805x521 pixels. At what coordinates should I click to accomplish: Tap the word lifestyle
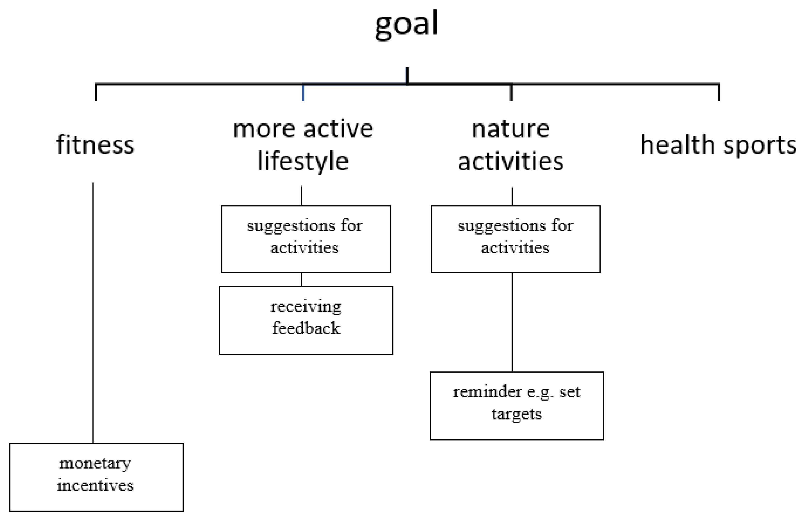pos(303,161)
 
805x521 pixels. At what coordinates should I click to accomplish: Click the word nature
pos(511,129)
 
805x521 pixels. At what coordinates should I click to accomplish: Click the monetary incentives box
pos(96,477)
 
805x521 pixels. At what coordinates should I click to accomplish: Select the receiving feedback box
pos(306,320)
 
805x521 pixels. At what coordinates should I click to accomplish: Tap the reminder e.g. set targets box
pos(517,406)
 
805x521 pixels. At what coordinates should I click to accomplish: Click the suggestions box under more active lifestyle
pos(306,239)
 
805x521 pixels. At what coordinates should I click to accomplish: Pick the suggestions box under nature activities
pos(516,239)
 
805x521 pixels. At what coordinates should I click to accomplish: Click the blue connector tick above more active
pos(303,92)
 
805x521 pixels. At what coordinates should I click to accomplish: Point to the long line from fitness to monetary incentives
pos(93,313)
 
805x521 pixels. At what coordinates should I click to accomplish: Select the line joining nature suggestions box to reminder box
pos(512,322)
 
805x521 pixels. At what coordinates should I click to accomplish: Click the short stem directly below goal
pos(407,76)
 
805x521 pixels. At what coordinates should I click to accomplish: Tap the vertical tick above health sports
pos(718,92)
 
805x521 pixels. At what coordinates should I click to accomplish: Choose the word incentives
pos(95,485)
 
